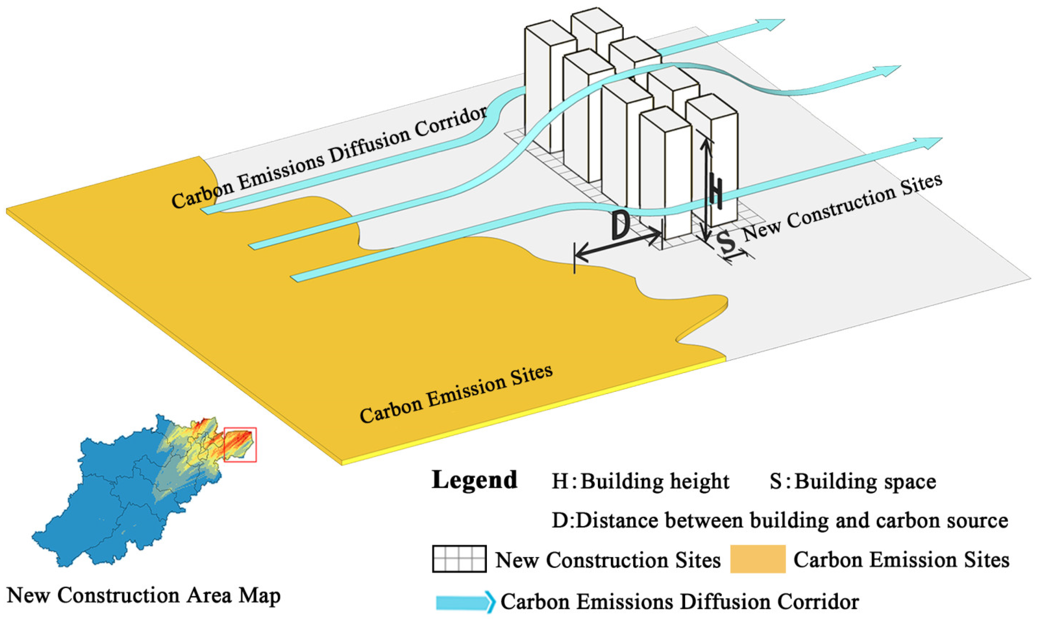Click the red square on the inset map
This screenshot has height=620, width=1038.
coord(240,444)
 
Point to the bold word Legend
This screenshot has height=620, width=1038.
coord(475,480)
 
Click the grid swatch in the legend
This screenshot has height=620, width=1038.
coord(459,559)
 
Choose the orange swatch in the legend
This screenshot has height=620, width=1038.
coord(758,559)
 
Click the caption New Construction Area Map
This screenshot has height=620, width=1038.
coord(144,595)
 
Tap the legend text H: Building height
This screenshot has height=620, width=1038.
coord(640,481)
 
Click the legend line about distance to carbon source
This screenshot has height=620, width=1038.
coord(780,521)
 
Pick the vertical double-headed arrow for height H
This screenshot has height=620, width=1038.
coord(706,190)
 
